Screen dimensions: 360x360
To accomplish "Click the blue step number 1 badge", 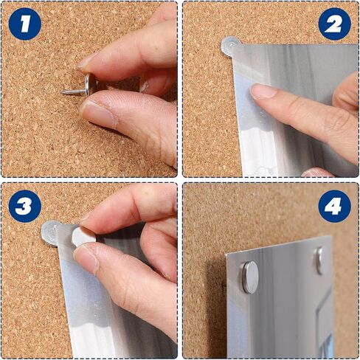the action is [x=25, y=24].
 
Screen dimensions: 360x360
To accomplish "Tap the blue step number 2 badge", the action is [x=334, y=24].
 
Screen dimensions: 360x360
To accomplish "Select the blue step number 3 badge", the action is [x=25, y=206].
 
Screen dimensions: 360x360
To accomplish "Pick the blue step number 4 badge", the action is [x=334, y=206].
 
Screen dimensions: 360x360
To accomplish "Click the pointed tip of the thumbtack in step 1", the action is [x=61, y=92].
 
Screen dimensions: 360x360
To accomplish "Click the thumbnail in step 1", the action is [x=98, y=114].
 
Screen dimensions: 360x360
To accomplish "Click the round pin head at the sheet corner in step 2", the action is [x=229, y=46].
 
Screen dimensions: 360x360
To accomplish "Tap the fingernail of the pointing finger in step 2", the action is [x=263, y=91].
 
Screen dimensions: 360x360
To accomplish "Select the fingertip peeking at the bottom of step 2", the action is [x=318, y=173].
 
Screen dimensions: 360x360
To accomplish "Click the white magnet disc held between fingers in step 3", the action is [x=83, y=238].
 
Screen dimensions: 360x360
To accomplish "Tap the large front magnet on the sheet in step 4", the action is [x=250, y=277].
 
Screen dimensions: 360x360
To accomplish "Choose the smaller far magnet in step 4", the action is [x=319, y=260].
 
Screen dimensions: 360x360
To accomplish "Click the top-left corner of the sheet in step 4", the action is [x=226, y=254].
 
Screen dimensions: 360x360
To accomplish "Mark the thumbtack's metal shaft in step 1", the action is [x=74, y=92].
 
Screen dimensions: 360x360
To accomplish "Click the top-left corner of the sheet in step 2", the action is [x=233, y=45].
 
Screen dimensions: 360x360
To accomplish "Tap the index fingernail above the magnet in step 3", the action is [x=85, y=220].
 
